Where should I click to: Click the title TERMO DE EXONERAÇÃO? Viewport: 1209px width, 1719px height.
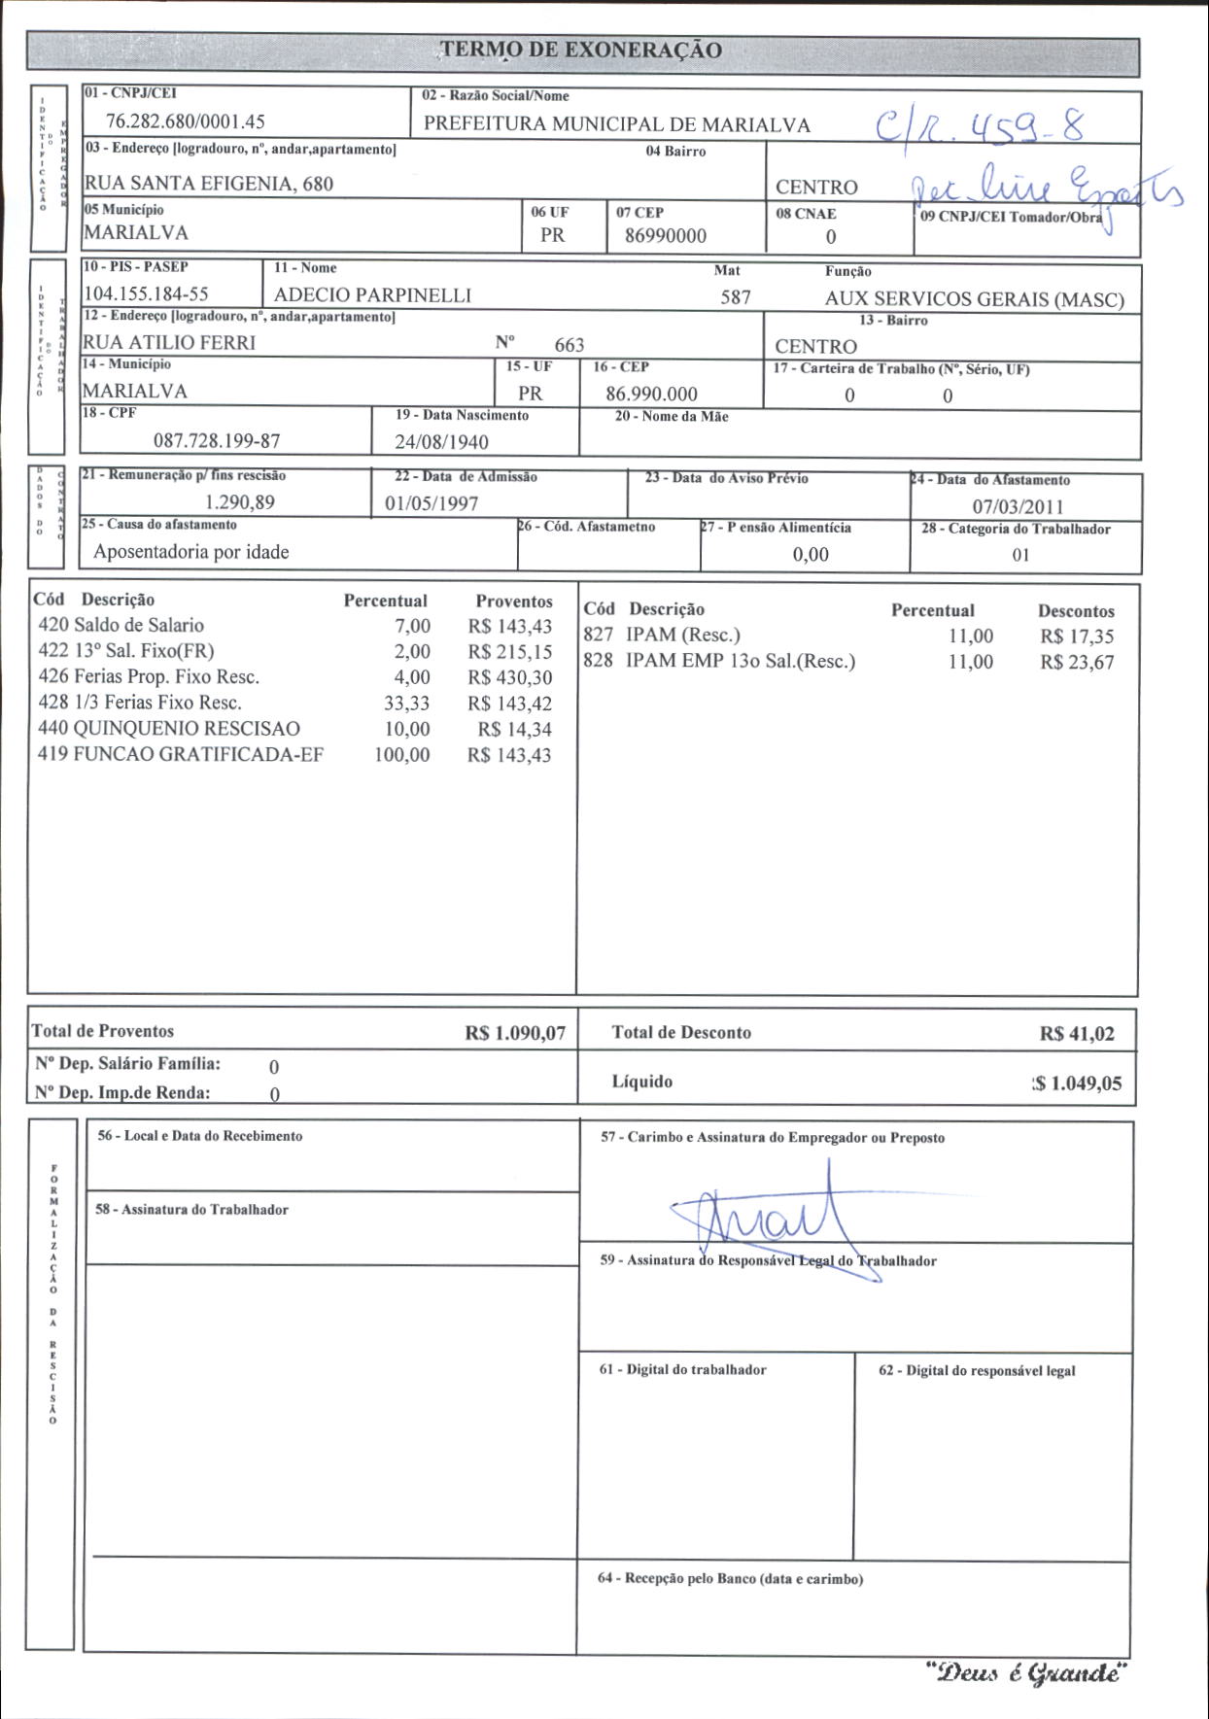click(581, 51)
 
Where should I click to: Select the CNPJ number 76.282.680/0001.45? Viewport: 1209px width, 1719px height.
click(186, 121)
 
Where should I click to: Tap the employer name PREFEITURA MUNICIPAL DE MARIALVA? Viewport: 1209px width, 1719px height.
click(616, 124)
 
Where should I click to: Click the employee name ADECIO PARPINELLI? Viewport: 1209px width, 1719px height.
click(372, 295)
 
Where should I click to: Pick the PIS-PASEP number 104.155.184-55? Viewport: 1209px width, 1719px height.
click(147, 293)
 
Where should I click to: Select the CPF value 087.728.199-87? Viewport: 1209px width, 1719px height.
click(217, 441)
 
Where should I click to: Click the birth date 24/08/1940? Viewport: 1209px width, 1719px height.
click(441, 442)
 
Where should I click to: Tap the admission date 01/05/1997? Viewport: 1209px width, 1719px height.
click(432, 503)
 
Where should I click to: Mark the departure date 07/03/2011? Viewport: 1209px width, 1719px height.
click(1018, 506)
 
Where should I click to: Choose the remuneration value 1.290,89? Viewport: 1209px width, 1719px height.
click(240, 502)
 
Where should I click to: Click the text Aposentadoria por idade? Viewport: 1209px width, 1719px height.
click(191, 552)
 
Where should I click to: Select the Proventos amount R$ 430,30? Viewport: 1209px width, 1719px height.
click(509, 677)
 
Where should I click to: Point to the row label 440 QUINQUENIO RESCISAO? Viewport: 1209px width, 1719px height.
click(169, 729)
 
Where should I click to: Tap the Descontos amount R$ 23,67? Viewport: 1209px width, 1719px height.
click(1077, 663)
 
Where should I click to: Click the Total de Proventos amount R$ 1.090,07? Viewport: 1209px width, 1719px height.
click(515, 1033)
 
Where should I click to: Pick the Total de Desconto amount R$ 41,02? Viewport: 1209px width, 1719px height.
click(1077, 1034)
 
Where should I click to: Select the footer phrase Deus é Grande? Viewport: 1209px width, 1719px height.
click(1026, 1673)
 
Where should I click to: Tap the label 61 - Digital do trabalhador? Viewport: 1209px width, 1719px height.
click(682, 1370)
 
